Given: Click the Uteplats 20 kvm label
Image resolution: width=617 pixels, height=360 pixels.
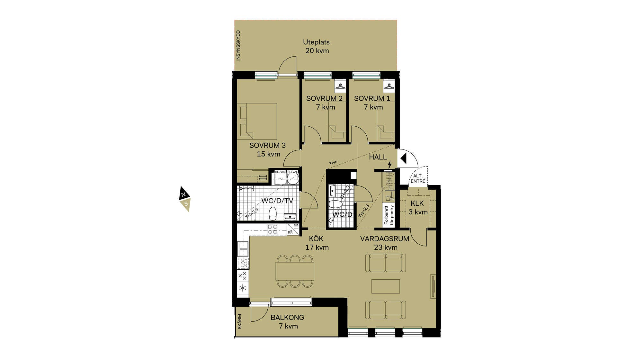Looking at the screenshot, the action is [317, 46].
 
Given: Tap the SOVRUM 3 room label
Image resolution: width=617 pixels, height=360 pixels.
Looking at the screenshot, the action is [267, 145].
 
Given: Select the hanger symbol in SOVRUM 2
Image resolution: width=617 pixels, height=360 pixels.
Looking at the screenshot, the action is [340, 86].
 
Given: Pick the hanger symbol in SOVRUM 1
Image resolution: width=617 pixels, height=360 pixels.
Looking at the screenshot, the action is [389, 86].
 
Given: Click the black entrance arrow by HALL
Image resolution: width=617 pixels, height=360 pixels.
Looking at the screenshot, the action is [404, 158].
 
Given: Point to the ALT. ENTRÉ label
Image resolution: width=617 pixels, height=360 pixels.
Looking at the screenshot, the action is [418, 179].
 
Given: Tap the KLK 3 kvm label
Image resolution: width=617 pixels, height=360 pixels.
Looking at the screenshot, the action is [418, 208].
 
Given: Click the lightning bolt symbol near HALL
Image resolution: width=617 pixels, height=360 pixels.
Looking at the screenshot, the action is [390, 165].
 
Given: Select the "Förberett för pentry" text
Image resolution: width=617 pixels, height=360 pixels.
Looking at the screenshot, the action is [389, 215].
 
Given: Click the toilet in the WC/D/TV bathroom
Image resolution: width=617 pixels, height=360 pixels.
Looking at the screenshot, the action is [273, 213].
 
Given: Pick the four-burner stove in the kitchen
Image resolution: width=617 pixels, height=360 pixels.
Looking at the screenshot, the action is [273, 230].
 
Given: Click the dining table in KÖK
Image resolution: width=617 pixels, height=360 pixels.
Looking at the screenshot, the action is [295, 271].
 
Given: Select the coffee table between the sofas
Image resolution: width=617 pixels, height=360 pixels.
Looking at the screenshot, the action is [386, 286].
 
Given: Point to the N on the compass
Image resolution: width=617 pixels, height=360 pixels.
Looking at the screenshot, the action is [183, 195].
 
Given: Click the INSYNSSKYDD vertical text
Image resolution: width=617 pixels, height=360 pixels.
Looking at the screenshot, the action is [238, 45].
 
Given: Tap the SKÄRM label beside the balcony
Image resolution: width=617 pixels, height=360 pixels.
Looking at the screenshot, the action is [239, 321].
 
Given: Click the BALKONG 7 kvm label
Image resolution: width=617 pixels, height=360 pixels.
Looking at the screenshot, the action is [288, 322].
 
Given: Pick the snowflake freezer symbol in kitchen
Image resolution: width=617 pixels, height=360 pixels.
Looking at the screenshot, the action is [243, 288].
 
